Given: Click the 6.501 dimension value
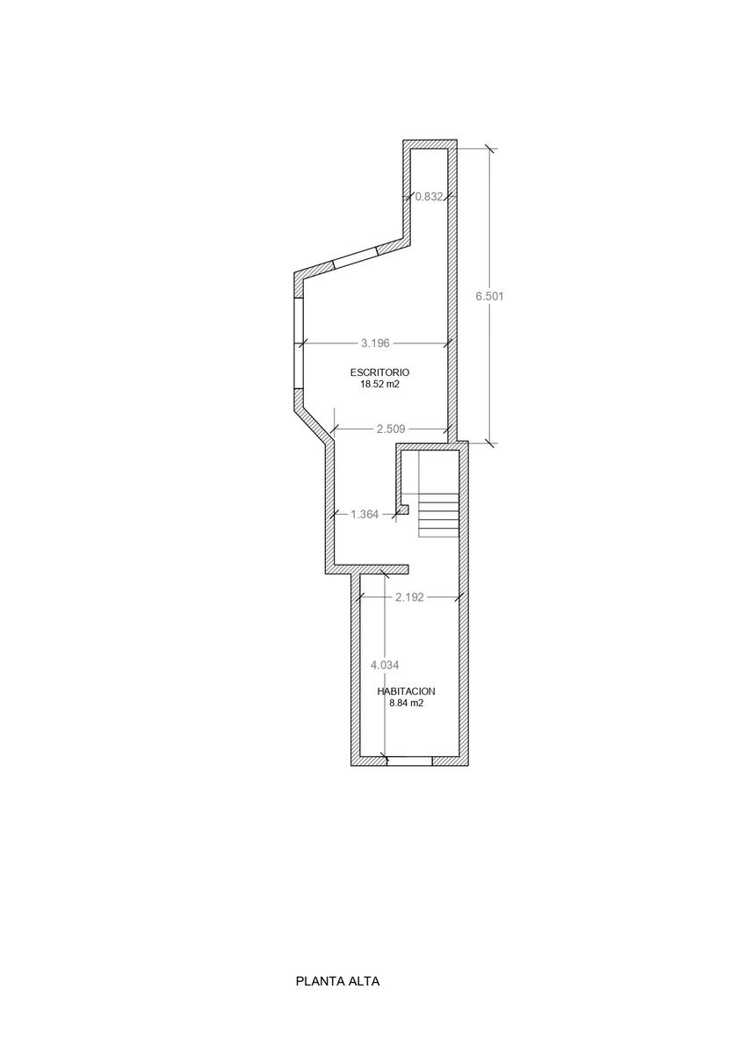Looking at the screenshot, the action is click(489, 297).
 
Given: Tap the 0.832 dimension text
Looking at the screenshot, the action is click(429, 197).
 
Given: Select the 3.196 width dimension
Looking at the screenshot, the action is click(375, 343).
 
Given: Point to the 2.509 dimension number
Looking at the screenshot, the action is click(391, 430).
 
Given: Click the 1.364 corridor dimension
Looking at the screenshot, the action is click(365, 515).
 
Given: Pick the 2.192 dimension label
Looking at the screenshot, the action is click(409, 597).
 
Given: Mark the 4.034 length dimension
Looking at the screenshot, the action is click(385, 666).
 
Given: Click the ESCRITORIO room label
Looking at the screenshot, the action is click(379, 372).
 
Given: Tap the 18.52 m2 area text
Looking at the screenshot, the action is click(379, 384).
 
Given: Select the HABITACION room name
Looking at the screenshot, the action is click(406, 692).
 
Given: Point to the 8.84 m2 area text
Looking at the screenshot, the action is click(406, 704).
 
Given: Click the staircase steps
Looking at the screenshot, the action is click(438, 515).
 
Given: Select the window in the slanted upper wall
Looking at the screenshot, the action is click(355, 258).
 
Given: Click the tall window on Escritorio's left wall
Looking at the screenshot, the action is click(299, 343).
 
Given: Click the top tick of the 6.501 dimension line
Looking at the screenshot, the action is click(490, 148).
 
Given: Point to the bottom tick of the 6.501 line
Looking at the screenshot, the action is click(490, 443).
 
